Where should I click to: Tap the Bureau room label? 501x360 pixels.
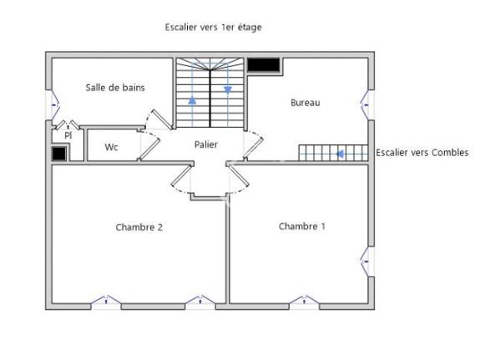coord(305,103)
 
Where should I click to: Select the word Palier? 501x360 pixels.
coord(206,145)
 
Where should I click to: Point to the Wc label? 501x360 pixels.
coord(111,147)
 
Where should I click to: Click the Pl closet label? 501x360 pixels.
coord(68,134)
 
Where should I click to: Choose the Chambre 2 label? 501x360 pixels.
coord(139,226)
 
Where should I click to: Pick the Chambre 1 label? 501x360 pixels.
coord(302,226)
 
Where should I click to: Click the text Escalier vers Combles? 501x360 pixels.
coord(422,153)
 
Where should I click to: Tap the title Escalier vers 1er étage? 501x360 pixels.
coord(213,28)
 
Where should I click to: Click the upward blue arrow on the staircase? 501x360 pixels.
coord(193,100)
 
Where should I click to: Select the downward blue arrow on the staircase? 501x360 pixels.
coord(227,89)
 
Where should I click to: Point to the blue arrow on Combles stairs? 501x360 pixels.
coord(340,154)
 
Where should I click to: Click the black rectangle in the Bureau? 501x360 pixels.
coord(264,64)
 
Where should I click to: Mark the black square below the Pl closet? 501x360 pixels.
coord(58,154)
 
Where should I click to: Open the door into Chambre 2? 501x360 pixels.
coord(182,179)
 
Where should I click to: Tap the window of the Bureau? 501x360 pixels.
coord(368,104)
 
